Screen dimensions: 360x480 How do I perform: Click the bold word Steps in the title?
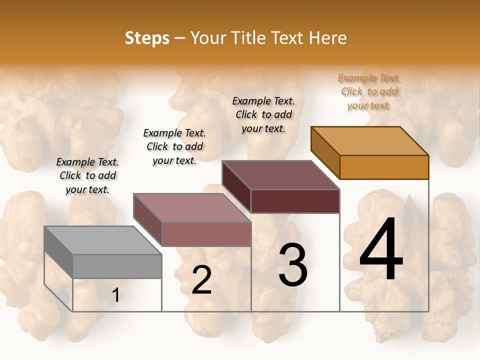[x=147, y=38]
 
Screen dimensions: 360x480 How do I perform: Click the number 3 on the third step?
[x=293, y=264]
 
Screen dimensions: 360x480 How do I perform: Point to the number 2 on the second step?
[x=201, y=280]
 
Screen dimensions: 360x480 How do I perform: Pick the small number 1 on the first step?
[x=116, y=295]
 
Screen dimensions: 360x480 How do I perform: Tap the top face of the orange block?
[x=370, y=140]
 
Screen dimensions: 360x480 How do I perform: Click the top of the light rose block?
[x=192, y=207]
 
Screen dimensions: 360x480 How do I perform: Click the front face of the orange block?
[x=384, y=167]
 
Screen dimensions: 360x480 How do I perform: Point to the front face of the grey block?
[x=117, y=266]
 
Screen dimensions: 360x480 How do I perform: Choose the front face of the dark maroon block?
[x=295, y=201]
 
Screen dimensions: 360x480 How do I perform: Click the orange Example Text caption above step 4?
[x=369, y=91]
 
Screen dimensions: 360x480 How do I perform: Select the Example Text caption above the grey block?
[x=87, y=175]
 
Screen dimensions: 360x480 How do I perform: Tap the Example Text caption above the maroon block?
[x=263, y=114]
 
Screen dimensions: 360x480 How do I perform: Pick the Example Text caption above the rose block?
[x=174, y=146]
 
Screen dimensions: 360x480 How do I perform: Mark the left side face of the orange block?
[x=325, y=152]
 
